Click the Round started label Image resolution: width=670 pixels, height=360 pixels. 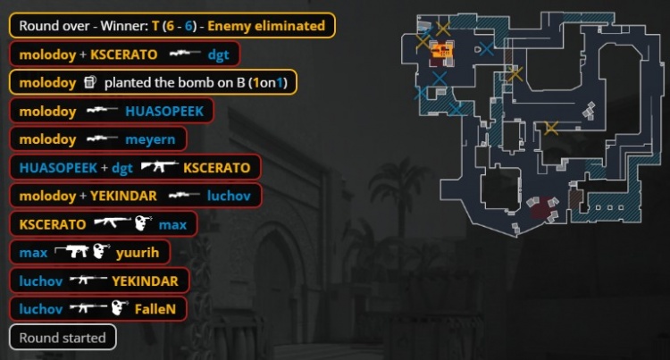pyautogui.click(x=63, y=338)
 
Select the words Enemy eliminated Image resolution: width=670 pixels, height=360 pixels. pyautogui.click(x=266, y=26)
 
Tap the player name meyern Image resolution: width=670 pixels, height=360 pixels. pyautogui.click(x=150, y=139)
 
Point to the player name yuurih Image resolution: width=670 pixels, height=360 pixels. pyautogui.click(x=138, y=253)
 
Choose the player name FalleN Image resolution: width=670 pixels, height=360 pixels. pyautogui.click(x=155, y=309)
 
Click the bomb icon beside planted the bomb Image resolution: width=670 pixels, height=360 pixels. pyautogui.click(x=89, y=82)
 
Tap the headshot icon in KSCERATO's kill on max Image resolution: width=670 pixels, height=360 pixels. pyautogui.click(x=144, y=223)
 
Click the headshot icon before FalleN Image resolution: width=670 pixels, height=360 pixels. pyautogui.click(x=120, y=308)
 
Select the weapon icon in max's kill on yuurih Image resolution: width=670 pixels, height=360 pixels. pyautogui.click(x=72, y=252)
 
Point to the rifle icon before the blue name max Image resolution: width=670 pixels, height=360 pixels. pyautogui.click(x=113, y=222)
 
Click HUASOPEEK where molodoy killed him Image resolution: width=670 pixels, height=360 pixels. pyautogui.click(x=164, y=112)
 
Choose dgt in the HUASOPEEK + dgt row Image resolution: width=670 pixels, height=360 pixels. pyautogui.click(x=122, y=168)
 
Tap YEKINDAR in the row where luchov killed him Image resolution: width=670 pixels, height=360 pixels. pyautogui.click(x=146, y=281)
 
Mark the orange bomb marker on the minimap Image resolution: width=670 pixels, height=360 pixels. pyautogui.click(x=442, y=50)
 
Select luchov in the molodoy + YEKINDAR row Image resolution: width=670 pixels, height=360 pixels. pyautogui.click(x=229, y=196)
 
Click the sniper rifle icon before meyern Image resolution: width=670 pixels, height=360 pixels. pyautogui.click(x=103, y=138)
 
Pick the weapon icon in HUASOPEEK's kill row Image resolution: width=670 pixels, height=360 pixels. pyautogui.click(x=160, y=165)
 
